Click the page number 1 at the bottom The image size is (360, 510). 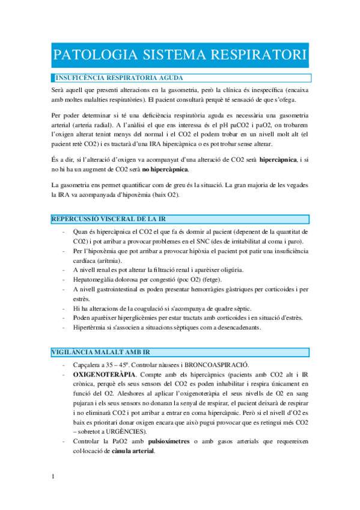(53, 477)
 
